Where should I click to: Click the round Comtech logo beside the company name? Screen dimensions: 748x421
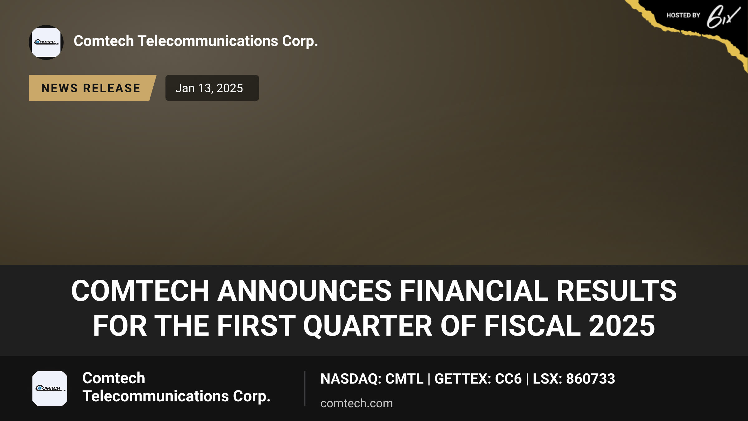pos(46,42)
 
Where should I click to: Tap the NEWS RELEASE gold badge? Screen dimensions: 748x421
pos(92,88)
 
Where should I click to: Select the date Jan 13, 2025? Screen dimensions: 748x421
pos(209,88)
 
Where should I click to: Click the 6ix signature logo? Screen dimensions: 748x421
pos(723,16)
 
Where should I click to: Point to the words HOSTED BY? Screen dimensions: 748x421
pos(683,15)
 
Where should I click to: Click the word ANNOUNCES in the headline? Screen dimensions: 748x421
pos(304,291)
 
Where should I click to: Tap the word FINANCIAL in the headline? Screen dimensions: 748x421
pos(474,291)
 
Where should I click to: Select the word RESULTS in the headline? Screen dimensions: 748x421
pos(616,291)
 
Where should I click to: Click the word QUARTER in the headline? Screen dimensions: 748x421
pos(368,326)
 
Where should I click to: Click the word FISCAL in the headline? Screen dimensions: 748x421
pos(532,326)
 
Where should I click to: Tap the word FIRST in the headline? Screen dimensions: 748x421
pos(256,326)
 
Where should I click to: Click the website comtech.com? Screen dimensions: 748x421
pos(357,403)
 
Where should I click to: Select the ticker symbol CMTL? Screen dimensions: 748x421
pos(404,379)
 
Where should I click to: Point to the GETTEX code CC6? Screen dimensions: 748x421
pos(508,379)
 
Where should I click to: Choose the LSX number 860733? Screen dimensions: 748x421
pos(591,379)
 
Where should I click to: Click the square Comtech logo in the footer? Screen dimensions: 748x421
pos(50,389)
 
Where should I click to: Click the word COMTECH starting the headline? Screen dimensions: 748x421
pos(140,291)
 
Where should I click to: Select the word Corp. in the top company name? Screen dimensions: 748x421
pos(300,41)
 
